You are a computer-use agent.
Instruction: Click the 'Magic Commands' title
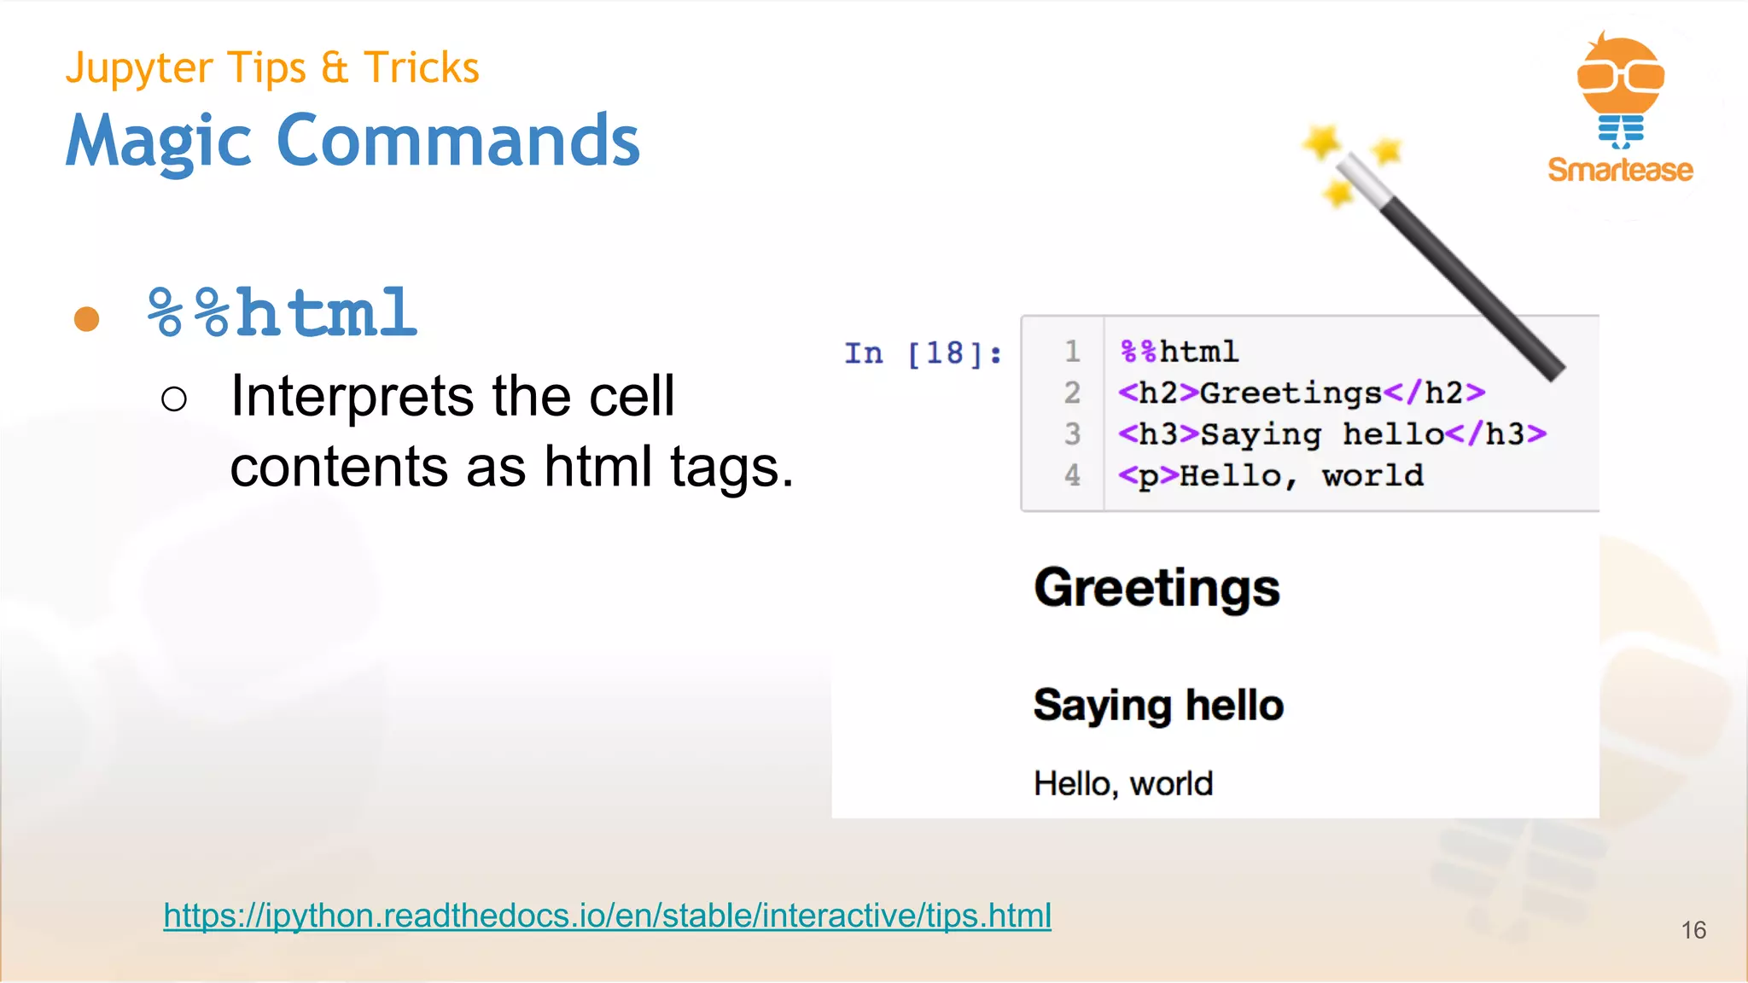pos(353,141)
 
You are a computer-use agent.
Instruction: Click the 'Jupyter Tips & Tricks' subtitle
pos(272,68)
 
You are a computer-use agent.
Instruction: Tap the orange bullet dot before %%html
pos(86,319)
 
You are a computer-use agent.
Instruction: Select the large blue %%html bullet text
pos(283,313)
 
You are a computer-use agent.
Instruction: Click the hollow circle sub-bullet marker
pos(174,398)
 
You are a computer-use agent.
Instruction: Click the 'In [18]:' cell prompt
pos(923,353)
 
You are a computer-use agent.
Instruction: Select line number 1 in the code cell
pos(1072,352)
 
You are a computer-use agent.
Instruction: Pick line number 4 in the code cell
pos(1072,475)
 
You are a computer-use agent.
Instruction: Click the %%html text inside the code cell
pos(1179,352)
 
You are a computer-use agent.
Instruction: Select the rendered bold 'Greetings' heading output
pos(1157,588)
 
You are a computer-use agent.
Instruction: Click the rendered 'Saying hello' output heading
pos(1158,706)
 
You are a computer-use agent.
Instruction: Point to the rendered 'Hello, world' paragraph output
pos(1122,783)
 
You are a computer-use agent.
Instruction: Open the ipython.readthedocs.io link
pos(607,916)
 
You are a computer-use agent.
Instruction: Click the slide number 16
pos(1693,930)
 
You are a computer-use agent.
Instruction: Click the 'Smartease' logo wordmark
pos(1620,170)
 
